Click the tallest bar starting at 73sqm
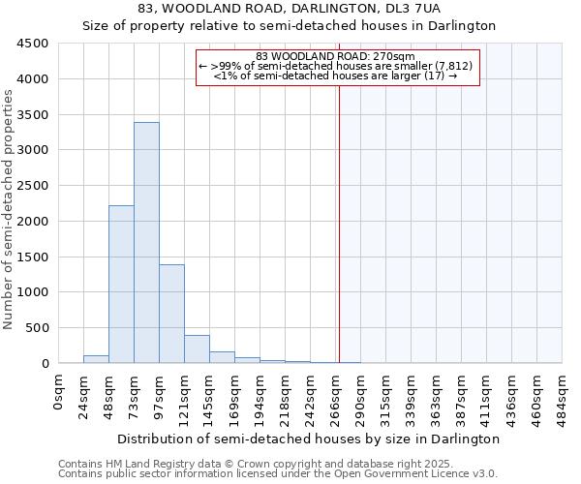146,242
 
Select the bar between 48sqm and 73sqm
121,284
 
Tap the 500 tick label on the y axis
36,328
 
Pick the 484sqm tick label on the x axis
562,396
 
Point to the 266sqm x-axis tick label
335,396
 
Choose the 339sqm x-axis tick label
411,396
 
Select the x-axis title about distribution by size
310,439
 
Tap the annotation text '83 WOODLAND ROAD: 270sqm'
336,56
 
